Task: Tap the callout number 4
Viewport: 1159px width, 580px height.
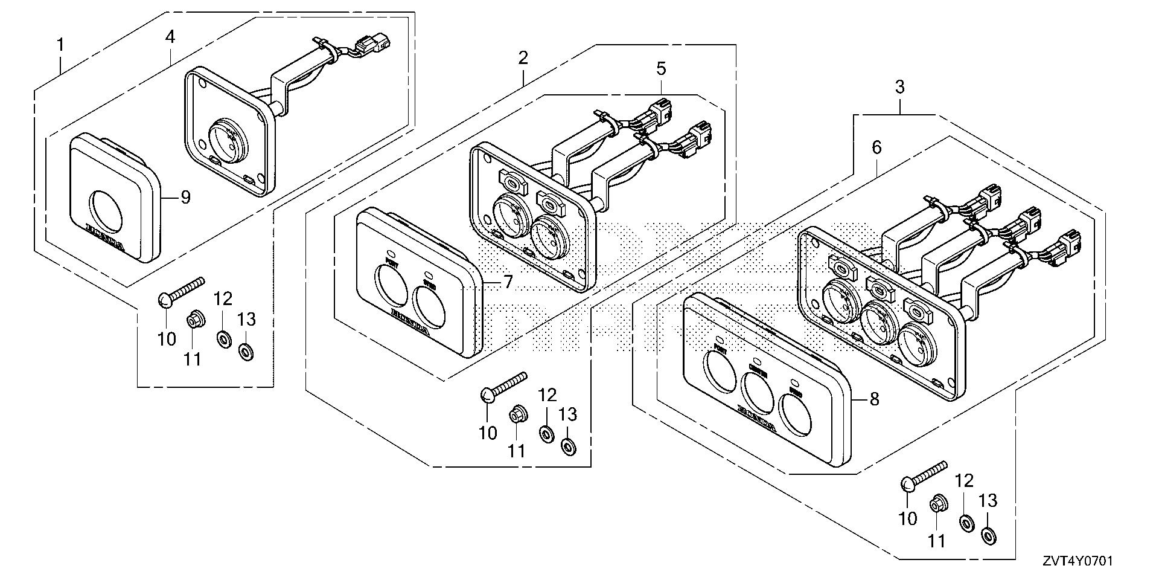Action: point(170,36)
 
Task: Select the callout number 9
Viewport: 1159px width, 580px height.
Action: point(185,197)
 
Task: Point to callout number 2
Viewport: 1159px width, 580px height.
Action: point(523,58)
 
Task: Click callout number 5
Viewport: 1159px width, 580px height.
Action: point(661,68)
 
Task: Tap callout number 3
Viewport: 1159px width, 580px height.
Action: point(899,86)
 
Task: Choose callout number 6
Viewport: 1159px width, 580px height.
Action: point(876,147)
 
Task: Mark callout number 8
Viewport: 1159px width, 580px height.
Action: point(874,399)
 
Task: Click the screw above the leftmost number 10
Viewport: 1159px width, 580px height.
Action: point(181,291)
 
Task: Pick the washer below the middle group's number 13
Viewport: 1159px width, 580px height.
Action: point(568,446)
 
